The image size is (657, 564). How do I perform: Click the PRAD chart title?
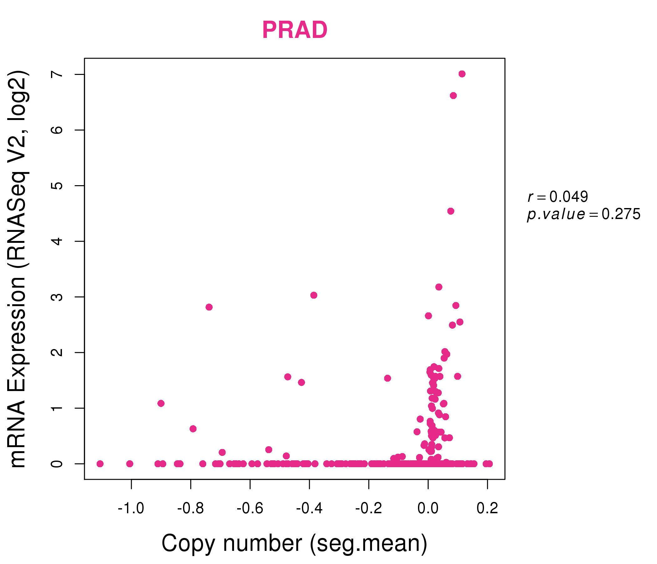(x=295, y=30)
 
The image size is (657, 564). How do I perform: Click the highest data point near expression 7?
(x=462, y=74)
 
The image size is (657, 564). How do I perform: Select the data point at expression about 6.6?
(x=453, y=96)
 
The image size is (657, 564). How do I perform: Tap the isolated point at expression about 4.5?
(x=451, y=211)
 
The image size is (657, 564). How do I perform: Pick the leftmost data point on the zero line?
(x=100, y=464)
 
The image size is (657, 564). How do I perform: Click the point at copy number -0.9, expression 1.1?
(x=161, y=403)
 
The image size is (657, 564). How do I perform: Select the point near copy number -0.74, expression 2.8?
(x=209, y=307)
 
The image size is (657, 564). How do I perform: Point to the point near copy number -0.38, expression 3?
(x=314, y=295)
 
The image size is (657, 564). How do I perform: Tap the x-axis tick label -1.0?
(x=131, y=509)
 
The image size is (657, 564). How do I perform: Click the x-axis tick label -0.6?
(x=250, y=509)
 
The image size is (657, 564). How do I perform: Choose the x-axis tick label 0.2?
(x=487, y=509)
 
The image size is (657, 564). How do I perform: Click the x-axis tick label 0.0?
(x=428, y=509)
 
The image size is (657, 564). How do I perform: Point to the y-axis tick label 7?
(x=57, y=74)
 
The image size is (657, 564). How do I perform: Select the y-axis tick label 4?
(x=57, y=241)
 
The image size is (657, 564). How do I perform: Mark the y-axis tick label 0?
(x=57, y=464)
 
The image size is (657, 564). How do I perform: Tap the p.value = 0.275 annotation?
(x=584, y=214)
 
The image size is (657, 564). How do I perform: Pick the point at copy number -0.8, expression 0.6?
(x=193, y=429)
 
